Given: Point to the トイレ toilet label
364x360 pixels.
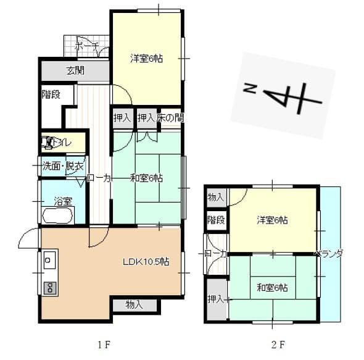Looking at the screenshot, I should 60,143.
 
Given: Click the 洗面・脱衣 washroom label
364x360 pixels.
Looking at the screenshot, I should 58,165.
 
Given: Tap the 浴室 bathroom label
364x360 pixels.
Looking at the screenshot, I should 63,201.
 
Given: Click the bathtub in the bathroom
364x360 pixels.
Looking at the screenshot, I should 57,216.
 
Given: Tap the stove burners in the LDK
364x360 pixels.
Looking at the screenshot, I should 49,287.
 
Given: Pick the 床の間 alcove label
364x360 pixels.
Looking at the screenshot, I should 169,117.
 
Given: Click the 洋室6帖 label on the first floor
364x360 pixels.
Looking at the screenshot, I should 146,59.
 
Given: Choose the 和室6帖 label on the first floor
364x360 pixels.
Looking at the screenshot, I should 146,178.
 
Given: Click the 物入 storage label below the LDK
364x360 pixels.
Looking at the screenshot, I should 134,304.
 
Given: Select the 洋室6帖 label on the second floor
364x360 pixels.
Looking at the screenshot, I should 272,220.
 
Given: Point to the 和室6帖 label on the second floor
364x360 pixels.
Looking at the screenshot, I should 272,288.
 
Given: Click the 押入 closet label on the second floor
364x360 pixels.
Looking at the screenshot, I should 216,299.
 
